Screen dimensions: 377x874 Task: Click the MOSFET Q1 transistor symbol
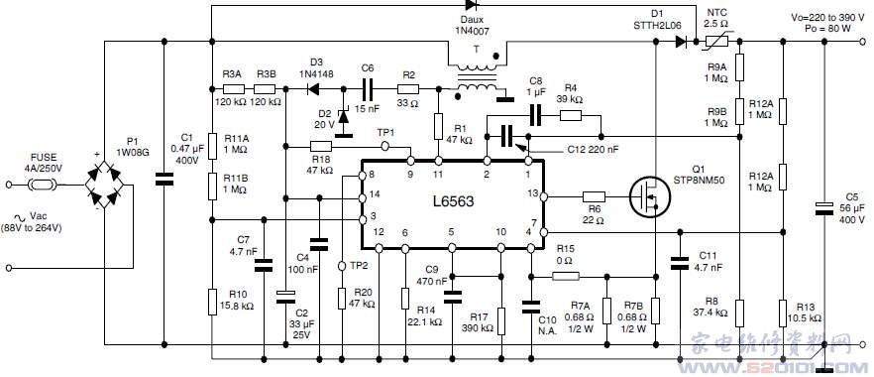click(x=649, y=196)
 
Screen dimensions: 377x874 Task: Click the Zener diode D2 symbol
click(x=344, y=116)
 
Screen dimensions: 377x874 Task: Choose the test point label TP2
click(x=359, y=266)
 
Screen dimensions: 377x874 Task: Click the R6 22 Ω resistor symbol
click(x=594, y=195)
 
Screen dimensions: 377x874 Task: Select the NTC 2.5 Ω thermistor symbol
click(x=715, y=42)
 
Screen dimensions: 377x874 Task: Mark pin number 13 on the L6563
click(x=532, y=192)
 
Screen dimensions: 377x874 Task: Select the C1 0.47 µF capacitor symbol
click(x=164, y=180)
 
